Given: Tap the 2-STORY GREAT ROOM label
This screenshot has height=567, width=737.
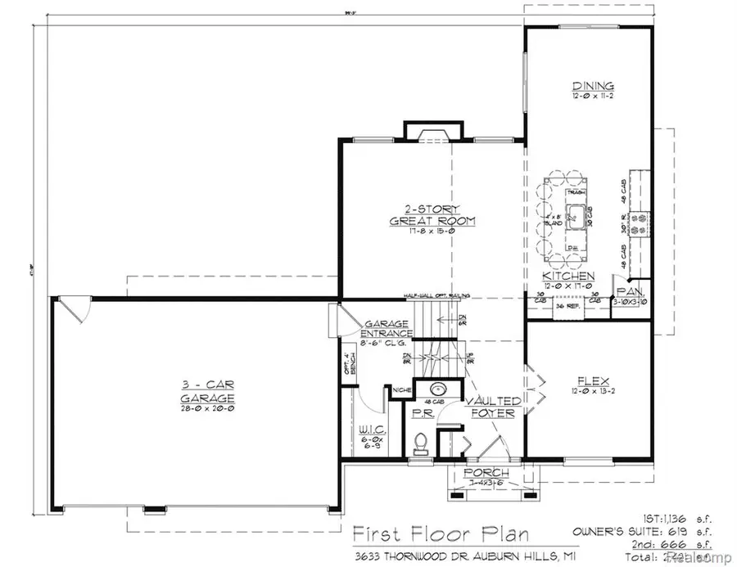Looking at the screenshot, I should point(422,214).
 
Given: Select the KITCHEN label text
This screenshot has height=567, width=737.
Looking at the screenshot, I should point(568,276).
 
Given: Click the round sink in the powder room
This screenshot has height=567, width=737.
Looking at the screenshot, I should point(434,390).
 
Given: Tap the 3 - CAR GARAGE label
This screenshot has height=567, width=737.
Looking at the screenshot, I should point(208,391).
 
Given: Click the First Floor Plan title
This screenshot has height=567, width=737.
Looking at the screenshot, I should point(435,533).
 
